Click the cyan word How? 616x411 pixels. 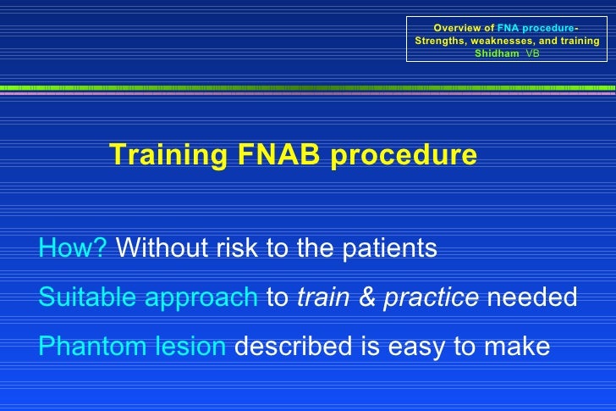pos(73,249)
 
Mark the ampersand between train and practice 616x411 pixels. pos(369,297)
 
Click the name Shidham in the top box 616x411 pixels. pos(497,53)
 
